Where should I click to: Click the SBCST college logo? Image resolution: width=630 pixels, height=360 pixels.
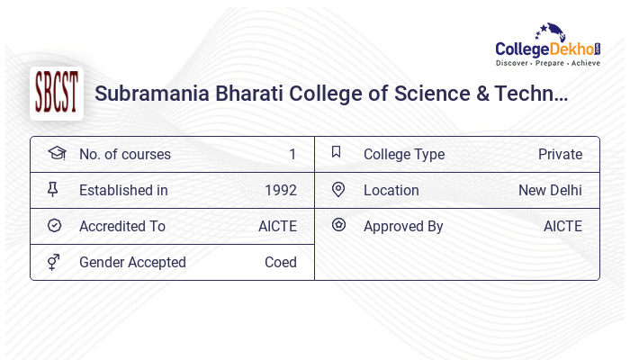coord(56,94)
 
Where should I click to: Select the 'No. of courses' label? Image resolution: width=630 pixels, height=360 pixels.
coord(124,154)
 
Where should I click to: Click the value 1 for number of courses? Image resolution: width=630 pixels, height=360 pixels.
coord(292,154)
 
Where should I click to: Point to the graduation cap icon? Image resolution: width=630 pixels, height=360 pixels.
coord(56,153)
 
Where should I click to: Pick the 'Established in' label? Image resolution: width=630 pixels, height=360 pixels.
coord(123,190)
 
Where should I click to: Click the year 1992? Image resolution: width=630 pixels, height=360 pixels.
coord(280,190)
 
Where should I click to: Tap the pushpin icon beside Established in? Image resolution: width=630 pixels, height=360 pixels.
coord(54,189)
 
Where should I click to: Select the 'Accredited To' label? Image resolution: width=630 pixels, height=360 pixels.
coord(122,226)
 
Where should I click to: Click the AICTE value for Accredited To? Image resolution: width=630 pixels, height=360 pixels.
coord(277,226)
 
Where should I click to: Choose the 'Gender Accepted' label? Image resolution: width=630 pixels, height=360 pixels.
coord(132,262)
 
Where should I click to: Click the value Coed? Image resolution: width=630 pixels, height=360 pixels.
coord(280,262)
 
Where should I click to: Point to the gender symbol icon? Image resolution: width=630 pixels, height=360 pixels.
coord(54,261)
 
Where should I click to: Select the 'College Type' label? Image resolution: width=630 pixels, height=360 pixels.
coord(403,154)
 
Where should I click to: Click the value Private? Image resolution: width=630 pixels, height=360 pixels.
coord(560,154)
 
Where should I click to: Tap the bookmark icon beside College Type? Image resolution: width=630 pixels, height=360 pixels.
coord(337,152)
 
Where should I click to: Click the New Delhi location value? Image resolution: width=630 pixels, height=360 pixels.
coord(550,190)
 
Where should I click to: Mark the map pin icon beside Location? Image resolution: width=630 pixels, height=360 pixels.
coord(338,189)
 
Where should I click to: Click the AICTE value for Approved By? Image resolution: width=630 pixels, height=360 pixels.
coord(562,226)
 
